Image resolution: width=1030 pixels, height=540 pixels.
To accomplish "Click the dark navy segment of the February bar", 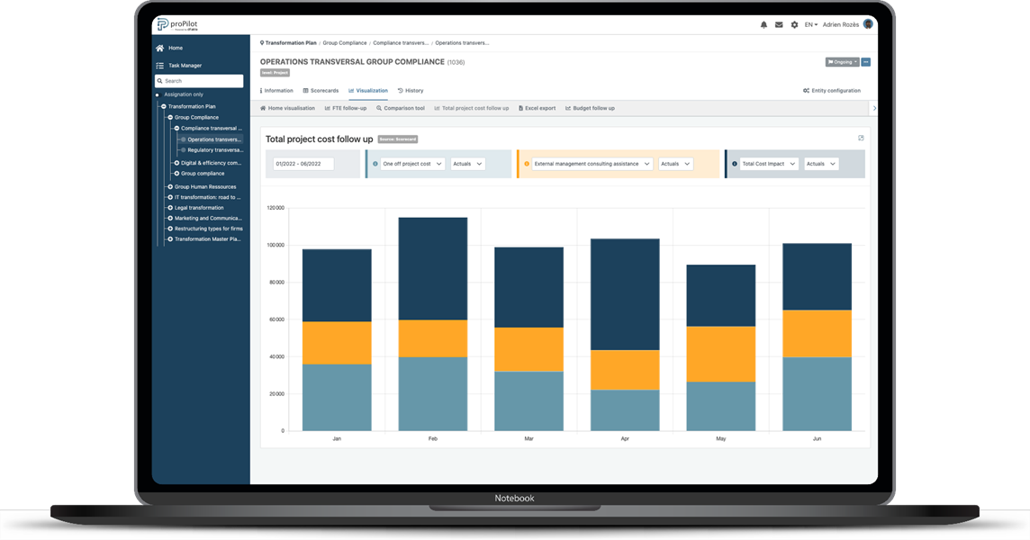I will click(433, 268).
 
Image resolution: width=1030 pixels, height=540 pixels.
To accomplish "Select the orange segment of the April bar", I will click(625, 370).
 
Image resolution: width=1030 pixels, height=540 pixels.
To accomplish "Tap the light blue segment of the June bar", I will click(817, 393).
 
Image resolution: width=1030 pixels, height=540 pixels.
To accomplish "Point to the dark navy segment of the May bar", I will click(720, 295).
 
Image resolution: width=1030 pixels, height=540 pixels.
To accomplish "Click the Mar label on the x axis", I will click(529, 439).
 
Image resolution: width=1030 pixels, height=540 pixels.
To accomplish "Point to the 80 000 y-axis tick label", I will click(275, 282).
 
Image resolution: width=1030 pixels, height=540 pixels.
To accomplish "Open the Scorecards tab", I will click(321, 91).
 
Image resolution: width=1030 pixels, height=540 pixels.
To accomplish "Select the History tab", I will click(411, 91).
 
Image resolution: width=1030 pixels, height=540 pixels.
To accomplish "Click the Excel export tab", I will click(537, 108).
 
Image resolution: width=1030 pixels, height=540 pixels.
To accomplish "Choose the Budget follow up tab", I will click(590, 108).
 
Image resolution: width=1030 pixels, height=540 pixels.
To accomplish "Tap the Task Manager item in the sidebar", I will click(185, 66).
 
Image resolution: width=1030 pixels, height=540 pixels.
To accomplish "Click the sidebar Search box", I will click(200, 81).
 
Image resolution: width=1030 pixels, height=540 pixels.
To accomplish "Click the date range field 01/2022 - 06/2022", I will click(303, 164).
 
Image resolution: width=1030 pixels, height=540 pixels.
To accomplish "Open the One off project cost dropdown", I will click(412, 164).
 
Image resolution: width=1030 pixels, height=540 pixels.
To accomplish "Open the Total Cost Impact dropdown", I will click(764, 164).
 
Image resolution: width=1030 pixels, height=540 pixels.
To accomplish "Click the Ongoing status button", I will click(841, 62).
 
